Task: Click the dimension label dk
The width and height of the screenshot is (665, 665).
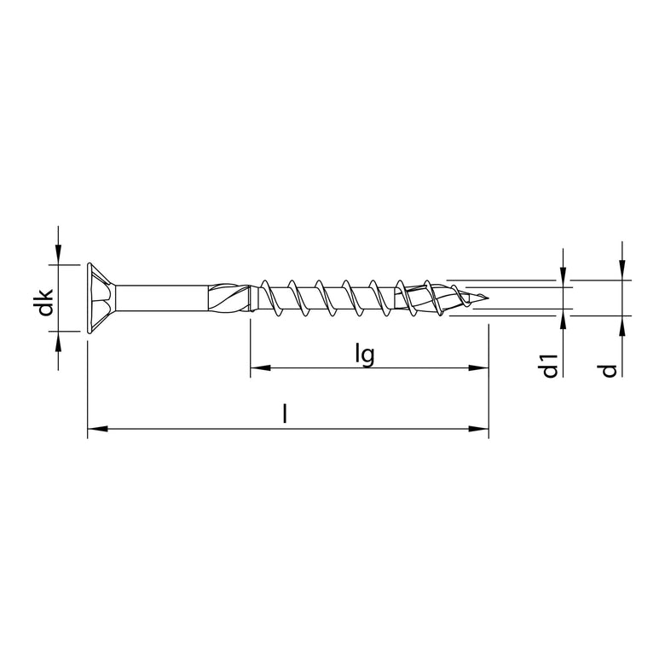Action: pos(46,304)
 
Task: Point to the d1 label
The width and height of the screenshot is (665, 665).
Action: pos(550,364)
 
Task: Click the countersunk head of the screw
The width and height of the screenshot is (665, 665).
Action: pos(101,298)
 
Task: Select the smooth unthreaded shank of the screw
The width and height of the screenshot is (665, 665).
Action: pos(162,298)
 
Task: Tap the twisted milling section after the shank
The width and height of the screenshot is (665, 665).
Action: pos(232,298)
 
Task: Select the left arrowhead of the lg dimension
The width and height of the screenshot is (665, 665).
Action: pos(257,369)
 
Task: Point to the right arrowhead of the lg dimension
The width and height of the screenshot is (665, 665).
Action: pos(481,369)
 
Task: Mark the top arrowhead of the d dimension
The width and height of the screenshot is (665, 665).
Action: pos(623,272)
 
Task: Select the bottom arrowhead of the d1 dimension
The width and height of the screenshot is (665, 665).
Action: pos(564,318)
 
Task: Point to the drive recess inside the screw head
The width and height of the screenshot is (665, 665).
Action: pos(95,298)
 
